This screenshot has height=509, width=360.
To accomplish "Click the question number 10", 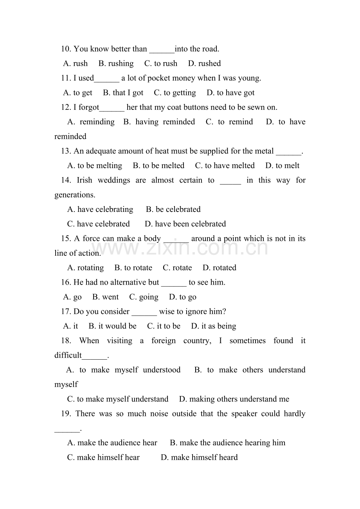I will pos(66,49).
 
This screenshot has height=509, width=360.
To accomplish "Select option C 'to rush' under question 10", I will pos(161,64).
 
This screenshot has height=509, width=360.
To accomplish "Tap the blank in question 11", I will pos(106,79).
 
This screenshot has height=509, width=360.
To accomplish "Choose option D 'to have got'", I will pos(230,93).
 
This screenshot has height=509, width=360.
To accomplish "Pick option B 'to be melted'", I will pos(158,166).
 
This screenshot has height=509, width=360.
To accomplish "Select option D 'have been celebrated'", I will pos(185,224).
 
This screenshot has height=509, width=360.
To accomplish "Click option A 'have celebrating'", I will pos(100,210).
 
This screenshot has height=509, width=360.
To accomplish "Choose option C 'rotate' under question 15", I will pos(177,268).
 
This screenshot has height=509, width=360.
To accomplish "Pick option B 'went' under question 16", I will pos(105,297).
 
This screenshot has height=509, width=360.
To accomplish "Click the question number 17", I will pos(66,312).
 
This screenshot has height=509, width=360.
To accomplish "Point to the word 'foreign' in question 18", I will pos(164,341).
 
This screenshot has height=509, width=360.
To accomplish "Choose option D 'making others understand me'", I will pos(234,399).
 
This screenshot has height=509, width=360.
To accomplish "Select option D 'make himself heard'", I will pos(199,457).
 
